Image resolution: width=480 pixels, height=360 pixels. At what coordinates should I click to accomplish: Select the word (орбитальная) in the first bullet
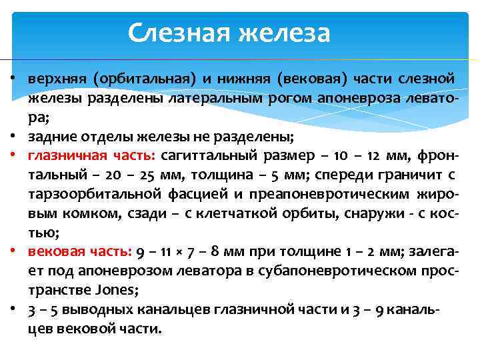[x=145, y=79]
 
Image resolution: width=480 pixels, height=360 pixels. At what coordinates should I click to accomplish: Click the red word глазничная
[x=65, y=157]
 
